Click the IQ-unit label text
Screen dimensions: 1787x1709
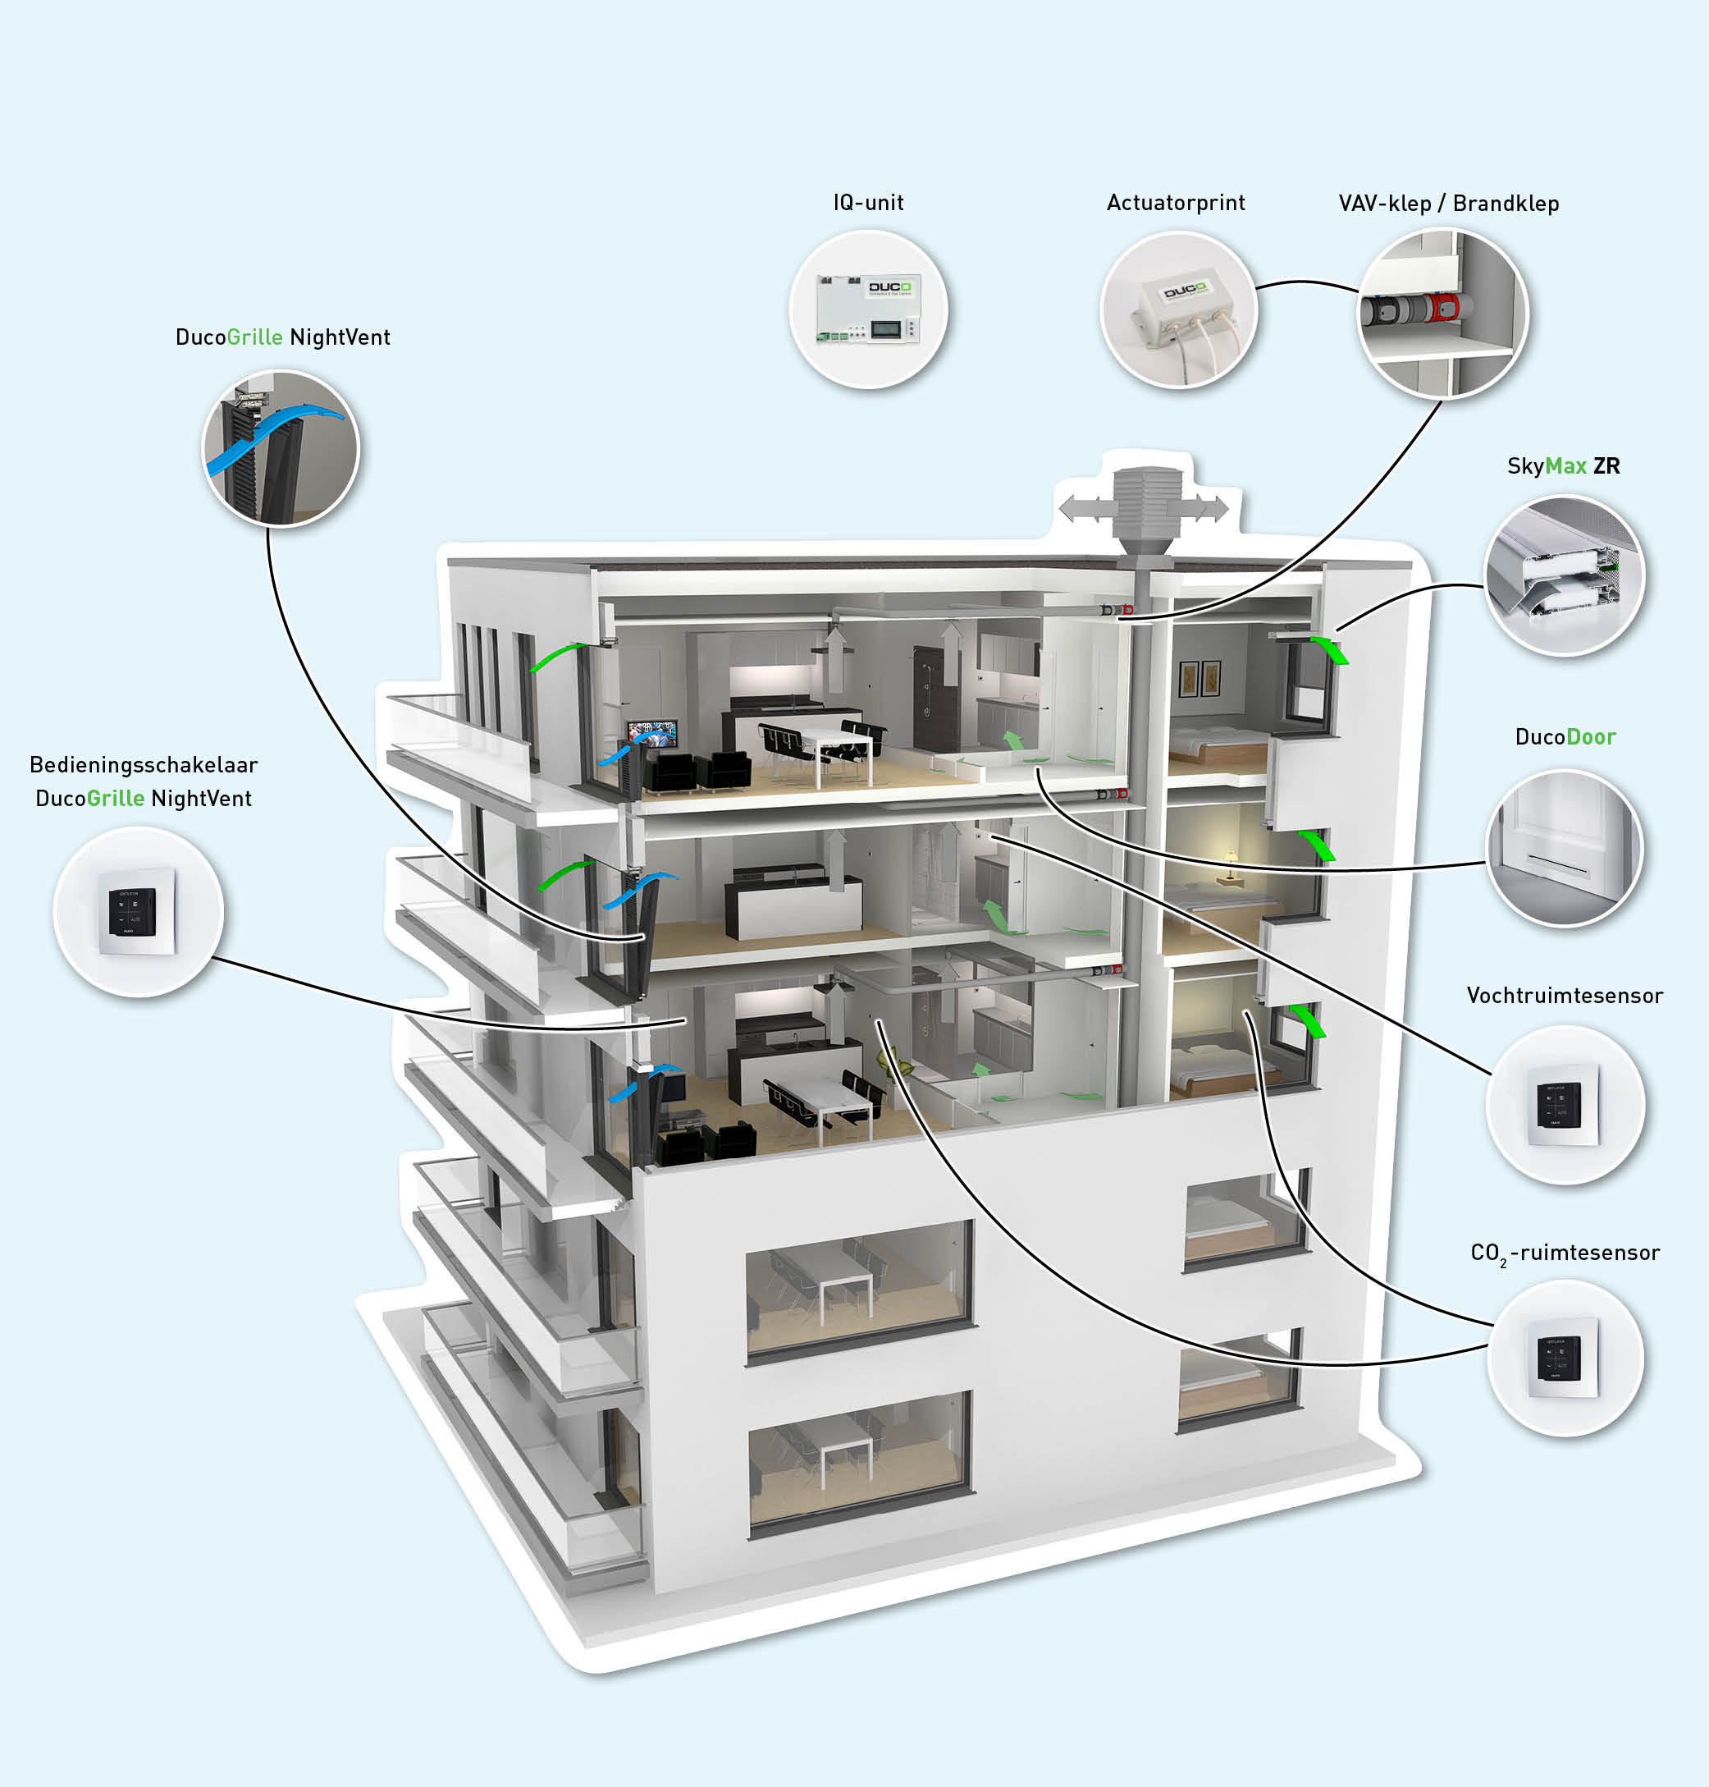tap(867, 202)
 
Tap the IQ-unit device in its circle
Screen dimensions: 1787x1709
tap(868, 309)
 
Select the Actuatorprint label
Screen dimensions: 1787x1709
tap(1175, 202)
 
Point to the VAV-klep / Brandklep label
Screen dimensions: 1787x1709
tap(1447, 204)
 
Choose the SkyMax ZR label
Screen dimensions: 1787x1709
tap(1563, 465)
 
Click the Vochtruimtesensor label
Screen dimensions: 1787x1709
tap(1563, 995)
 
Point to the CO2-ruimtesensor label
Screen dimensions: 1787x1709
tap(1564, 1253)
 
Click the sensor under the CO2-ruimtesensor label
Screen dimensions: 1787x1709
tap(1563, 1358)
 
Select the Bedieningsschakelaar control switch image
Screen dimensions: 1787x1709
tap(137, 911)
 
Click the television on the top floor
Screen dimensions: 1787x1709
tap(652, 733)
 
